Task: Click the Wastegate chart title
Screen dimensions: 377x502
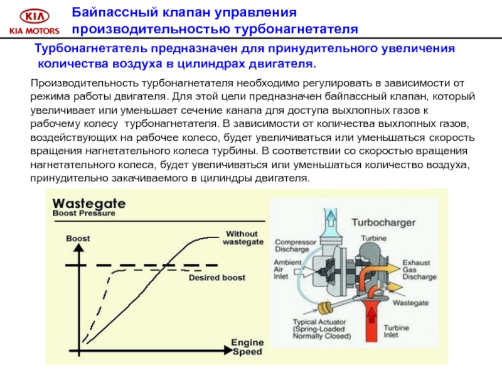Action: point(88,204)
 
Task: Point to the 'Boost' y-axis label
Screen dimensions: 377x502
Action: point(78,239)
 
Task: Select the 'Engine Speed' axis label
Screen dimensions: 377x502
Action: point(247,347)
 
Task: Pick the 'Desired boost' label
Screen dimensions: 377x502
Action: point(217,277)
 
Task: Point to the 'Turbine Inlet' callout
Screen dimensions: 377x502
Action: point(397,332)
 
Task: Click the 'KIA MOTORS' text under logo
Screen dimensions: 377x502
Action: point(33,30)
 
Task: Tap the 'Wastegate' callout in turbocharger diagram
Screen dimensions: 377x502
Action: point(410,302)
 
